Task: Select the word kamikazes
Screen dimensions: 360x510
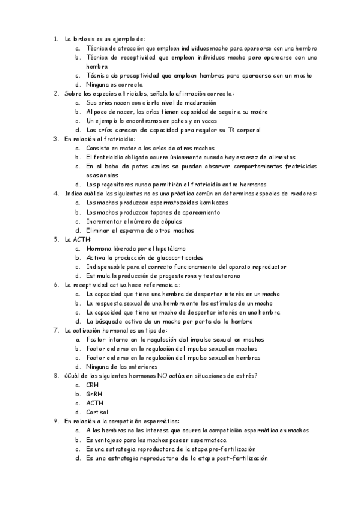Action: click(x=212, y=203)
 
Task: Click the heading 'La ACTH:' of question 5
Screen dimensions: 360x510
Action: click(x=76, y=239)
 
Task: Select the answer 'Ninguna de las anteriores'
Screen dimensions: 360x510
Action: click(x=121, y=366)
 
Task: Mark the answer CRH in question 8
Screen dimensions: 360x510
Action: click(x=93, y=384)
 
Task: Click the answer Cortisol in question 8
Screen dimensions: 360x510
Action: click(x=97, y=412)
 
